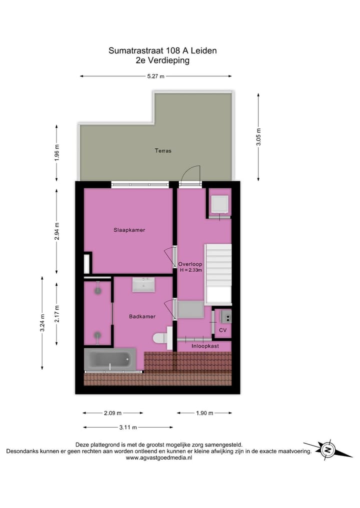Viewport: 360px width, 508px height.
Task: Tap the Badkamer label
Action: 142,316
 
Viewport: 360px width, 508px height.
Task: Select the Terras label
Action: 163,150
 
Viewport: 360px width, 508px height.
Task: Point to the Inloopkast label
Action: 204,346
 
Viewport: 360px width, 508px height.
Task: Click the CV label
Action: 222,331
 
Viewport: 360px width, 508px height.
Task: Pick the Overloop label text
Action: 190,264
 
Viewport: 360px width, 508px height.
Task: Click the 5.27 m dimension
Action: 155,76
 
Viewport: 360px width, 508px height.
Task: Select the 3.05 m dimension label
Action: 258,136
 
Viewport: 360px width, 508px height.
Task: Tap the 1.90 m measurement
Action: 204,413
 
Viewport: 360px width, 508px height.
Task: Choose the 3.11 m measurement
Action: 128,428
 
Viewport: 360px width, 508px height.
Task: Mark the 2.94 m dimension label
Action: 56,232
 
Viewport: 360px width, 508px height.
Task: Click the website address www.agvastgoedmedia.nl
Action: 159,458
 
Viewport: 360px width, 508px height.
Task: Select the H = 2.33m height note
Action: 190,270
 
